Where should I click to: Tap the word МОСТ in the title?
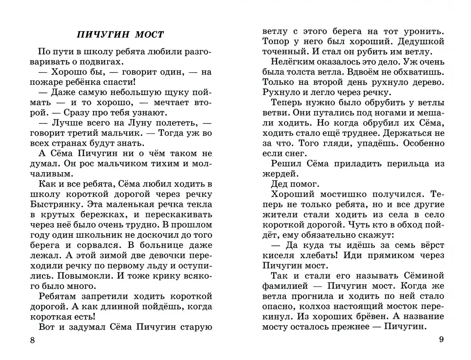(149, 35)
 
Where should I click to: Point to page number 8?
(32, 340)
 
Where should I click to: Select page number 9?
(441, 340)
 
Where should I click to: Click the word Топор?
(276, 41)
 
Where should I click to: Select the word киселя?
(278, 255)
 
